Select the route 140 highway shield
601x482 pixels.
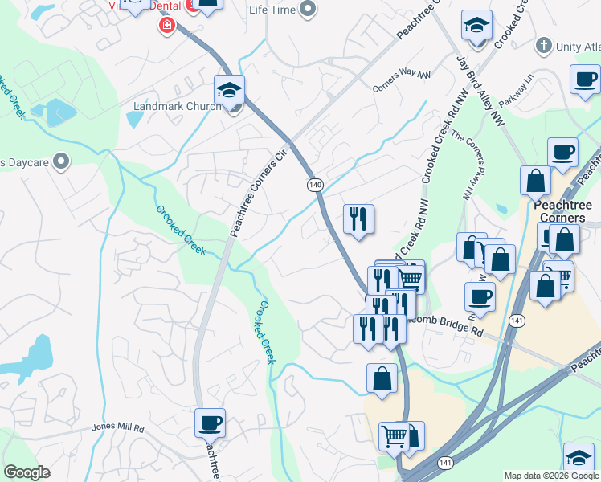pos(315,186)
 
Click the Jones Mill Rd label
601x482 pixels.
pos(117,428)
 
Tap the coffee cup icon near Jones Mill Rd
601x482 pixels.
pos(210,423)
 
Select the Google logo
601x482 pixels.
pos(27,472)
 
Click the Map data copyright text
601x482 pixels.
pos(551,476)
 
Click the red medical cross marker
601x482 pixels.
pos(167,26)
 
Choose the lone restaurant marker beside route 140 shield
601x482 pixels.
pos(358,219)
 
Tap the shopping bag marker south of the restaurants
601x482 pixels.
pos(382,378)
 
